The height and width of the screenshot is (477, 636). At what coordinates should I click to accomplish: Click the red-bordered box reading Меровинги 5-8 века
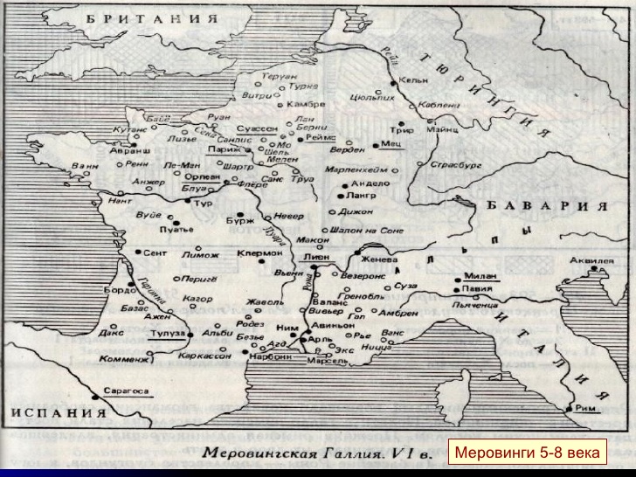click(x=524, y=453)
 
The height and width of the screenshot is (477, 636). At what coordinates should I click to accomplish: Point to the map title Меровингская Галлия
click(x=302, y=453)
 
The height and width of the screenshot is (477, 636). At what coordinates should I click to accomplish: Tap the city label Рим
click(x=588, y=405)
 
